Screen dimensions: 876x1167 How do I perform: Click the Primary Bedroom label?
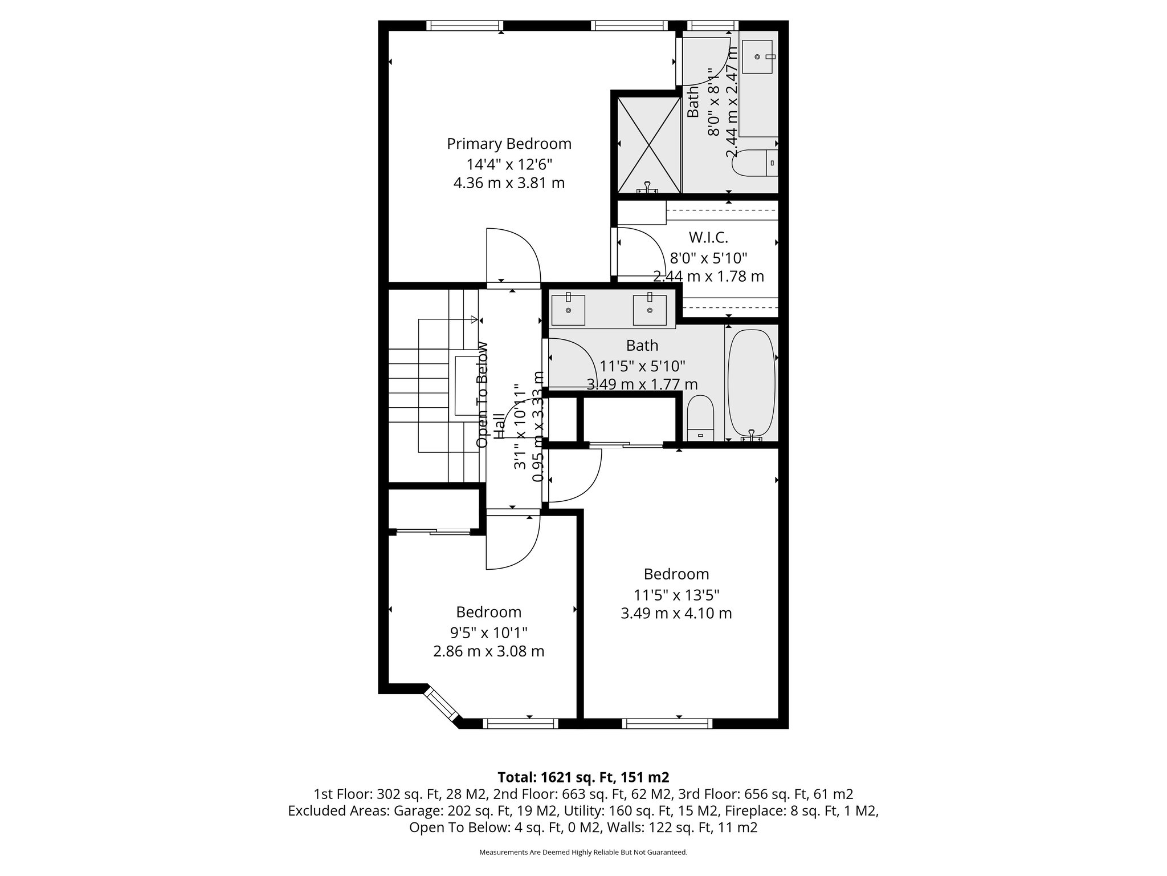coord(509,144)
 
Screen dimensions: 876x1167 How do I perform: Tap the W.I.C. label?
coord(708,237)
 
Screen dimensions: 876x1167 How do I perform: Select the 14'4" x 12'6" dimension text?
coord(509,164)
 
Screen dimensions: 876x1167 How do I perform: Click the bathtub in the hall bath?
coord(752,383)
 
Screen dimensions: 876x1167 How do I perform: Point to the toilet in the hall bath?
coord(700,419)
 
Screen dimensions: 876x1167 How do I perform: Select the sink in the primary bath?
coord(757,57)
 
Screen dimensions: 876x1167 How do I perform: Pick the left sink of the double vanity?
coord(568,310)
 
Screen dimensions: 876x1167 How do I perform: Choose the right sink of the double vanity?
coord(650,310)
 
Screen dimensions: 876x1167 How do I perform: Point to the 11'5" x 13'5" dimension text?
coord(676,595)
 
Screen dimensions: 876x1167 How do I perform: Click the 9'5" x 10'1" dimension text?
coord(488,632)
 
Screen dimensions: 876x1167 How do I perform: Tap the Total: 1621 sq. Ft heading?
coord(583,777)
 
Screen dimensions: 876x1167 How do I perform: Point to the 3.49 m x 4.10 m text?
coord(676,614)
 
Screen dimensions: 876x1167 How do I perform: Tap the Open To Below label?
coord(483,395)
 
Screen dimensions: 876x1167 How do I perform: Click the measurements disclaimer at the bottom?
coord(583,852)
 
